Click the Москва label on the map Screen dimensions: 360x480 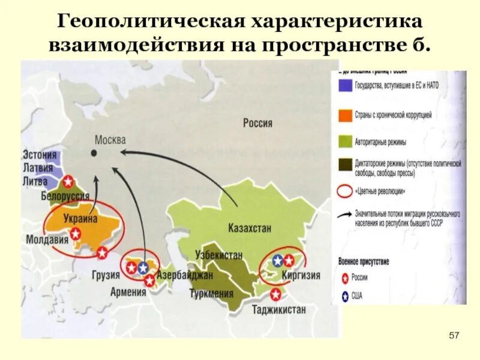point(110,140)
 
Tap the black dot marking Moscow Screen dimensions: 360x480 point(94,153)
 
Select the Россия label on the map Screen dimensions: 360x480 point(257,124)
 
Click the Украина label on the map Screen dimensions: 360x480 point(80,219)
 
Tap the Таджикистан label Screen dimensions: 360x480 point(279,310)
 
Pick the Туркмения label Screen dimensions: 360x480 point(211,294)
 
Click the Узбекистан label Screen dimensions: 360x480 point(219,254)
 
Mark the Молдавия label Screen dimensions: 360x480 point(47,239)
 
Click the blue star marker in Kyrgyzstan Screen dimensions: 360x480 point(278,260)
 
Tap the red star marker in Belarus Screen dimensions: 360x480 point(69,181)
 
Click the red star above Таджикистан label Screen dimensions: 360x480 point(275,294)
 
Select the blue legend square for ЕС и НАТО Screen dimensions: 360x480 point(344,85)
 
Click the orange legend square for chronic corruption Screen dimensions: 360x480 point(344,114)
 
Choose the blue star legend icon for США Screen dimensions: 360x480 point(344,295)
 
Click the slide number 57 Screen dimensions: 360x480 point(454,334)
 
